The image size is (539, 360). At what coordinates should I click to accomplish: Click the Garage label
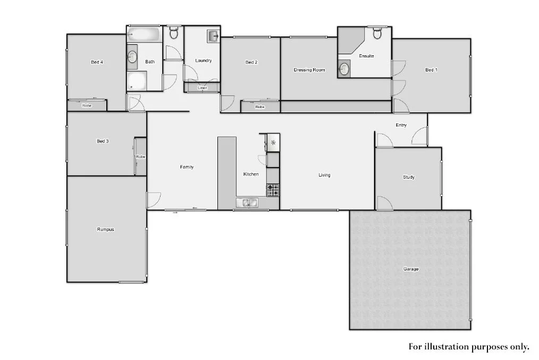[x=410, y=269]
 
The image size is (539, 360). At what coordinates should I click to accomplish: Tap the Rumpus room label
[x=105, y=230]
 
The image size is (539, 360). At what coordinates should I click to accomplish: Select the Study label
[x=408, y=177]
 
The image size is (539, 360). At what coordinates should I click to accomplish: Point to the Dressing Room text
[x=309, y=70]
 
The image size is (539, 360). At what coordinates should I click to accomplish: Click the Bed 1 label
[x=431, y=70]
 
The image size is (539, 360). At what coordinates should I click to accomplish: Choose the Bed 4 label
[x=97, y=62]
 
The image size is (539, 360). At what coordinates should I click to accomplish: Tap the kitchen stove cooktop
[x=273, y=190]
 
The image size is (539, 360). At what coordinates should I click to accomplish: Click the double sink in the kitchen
[x=247, y=202]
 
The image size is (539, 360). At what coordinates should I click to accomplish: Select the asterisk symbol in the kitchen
[x=273, y=143]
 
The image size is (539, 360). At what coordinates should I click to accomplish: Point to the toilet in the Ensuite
[x=377, y=34]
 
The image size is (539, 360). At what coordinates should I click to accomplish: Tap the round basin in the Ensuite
[x=344, y=68]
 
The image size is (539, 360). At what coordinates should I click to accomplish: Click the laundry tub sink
[x=213, y=36]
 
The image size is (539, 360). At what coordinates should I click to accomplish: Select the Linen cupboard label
[x=202, y=88]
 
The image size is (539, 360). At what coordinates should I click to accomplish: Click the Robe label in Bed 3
[x=140, y=157]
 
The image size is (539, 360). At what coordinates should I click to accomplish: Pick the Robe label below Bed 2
[x=259, y=107]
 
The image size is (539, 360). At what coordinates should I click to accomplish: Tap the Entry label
[x=401, y=125]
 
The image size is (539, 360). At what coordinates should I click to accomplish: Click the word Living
[x=324, y=175]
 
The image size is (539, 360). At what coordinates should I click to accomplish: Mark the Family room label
[x=187, y=167]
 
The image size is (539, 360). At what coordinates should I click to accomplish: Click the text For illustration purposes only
[x=468, y=347]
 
